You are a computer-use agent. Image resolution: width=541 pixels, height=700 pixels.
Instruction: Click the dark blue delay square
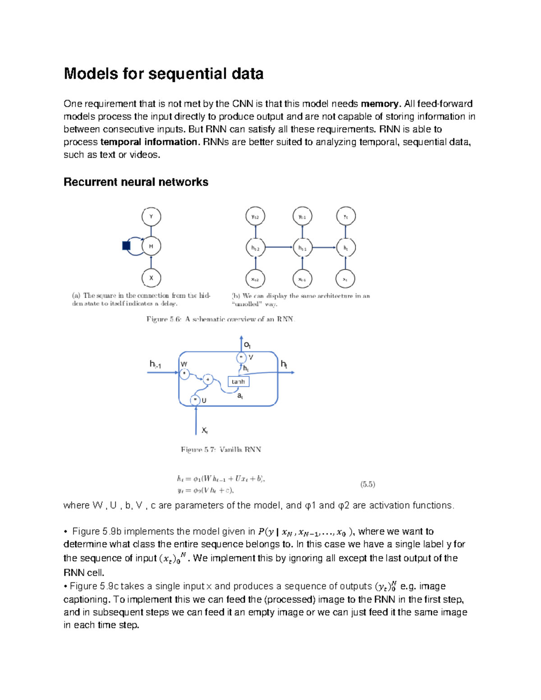pyautogui.click(x=126, y=246)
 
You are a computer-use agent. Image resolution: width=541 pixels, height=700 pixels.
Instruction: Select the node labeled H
pyautogui.click(x=151, y=246)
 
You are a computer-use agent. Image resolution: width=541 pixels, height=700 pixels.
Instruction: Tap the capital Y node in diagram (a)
pyautogui.click(x=151, y=216)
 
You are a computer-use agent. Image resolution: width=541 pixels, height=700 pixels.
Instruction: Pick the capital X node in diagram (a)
pyautogui.click(x=151, y=278)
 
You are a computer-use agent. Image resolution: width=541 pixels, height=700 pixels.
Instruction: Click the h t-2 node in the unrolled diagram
pyautogui.click(x=255, y=247)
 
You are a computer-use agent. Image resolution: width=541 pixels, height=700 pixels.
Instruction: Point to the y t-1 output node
pyautogui.click(x=302, y=217)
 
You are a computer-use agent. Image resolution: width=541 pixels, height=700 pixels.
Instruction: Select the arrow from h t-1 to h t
pyautogui.click(x=324, y=247)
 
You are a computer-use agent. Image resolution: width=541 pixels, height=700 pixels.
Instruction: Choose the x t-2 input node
pyautogui.click(x=255, y=279)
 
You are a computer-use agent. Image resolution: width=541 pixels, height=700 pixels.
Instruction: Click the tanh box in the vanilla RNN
pyautogui.click(x=238, y=382)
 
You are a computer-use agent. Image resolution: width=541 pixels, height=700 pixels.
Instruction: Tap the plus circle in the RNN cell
pyautogui.click(x=207, y=380)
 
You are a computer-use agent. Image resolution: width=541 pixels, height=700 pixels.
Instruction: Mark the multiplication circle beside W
pyautogui.click(x=184, y=373)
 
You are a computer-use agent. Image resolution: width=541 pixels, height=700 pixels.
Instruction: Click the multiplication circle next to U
pyautogui.click(x=195, y=400)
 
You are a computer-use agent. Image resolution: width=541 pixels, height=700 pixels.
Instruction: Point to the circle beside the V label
pyautogui.click(x=241, y=357)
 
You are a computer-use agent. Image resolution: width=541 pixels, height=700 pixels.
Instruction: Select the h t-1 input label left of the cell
pyautogui.click(x=155, y=364)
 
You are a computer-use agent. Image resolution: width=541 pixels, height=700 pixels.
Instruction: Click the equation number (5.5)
pyautogui.click(x=367, y=484)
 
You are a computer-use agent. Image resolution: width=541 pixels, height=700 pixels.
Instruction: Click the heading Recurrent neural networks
pyautogui.click(x=136, y=182)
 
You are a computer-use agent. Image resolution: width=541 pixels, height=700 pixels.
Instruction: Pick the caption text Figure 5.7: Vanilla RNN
pyautogui.click(x=221, y=449)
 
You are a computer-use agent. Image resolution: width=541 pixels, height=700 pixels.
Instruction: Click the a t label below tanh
pyautogui.click(x=240, y=396)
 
